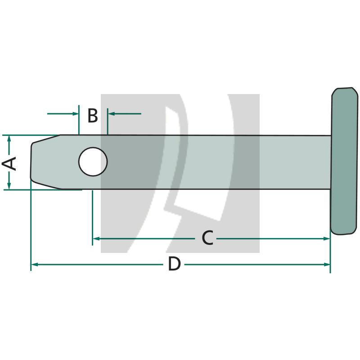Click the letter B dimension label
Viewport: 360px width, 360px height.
pyautogui.click(x=92, y=116)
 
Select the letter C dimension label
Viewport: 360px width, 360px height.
pyautogui.click(x=207, y=238)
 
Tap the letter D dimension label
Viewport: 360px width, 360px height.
pyautogui.click(x=174, y=265)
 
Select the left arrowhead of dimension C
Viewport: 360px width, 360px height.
pyautogui.click(x=96, y=238)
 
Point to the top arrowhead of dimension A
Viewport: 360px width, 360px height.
pyautogui.click(x=9, y=139)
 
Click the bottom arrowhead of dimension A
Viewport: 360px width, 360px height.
pyautogui.click(x=9, y=186)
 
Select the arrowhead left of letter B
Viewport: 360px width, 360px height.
pyautogui.click(x=75, y=113)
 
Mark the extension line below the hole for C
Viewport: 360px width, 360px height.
pyautogui.click(x=92, y=216)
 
